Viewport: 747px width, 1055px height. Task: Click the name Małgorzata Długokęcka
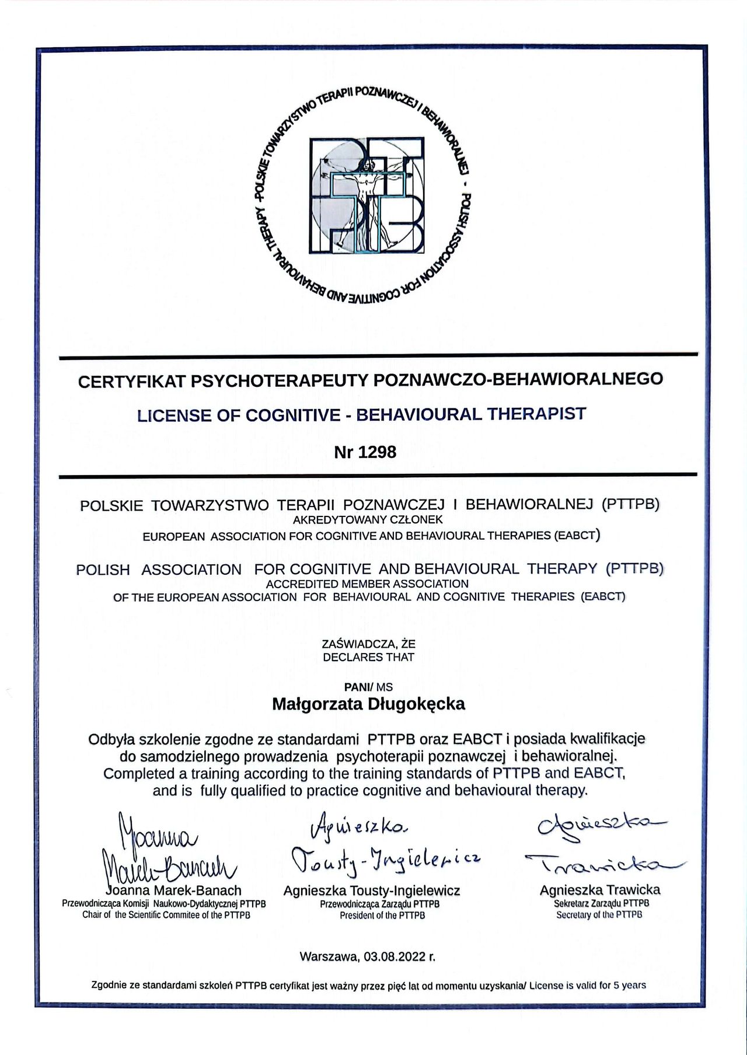368,704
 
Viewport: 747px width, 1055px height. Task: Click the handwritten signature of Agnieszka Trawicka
604,846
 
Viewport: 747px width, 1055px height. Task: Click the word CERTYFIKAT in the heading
132,382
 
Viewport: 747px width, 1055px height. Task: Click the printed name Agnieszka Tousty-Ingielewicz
372,891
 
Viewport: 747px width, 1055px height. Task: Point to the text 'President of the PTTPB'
382,916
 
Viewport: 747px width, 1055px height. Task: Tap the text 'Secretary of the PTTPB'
599,915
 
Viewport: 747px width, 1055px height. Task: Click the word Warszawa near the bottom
329,957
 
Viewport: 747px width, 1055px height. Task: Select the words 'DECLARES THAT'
368,657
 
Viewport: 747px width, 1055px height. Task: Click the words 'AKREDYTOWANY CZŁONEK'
368,520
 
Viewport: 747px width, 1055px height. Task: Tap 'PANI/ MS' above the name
368,687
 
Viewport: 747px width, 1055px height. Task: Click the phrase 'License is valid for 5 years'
588,986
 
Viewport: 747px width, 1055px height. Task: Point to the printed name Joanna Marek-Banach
174,891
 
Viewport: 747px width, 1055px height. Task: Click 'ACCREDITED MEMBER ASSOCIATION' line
367,584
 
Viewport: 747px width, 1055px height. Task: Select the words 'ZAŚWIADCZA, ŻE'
368,644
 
